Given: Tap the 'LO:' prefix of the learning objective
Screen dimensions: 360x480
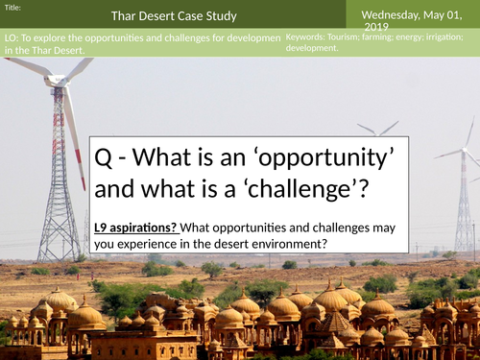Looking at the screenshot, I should tap(11, 36).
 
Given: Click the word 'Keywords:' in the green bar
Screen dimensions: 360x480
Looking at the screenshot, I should tap(308, 36).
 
